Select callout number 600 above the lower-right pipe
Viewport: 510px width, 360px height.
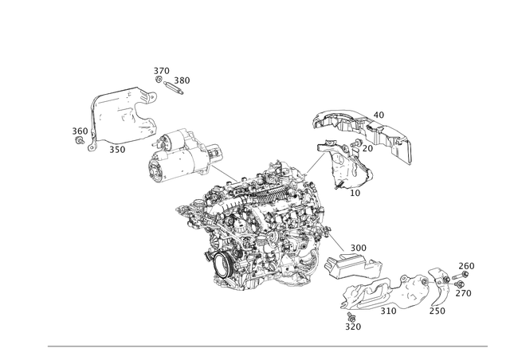[357, 247]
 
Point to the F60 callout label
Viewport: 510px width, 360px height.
[467, 265]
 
